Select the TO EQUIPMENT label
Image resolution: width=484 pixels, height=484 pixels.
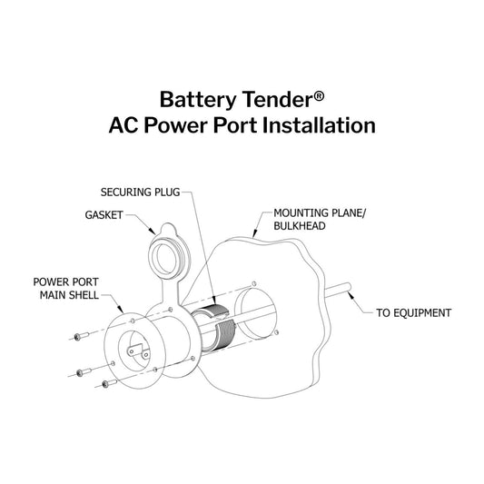pos(414,313)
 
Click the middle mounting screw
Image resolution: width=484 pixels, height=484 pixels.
pos(84,371)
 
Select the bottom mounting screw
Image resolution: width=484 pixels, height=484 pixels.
pos(106,385)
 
